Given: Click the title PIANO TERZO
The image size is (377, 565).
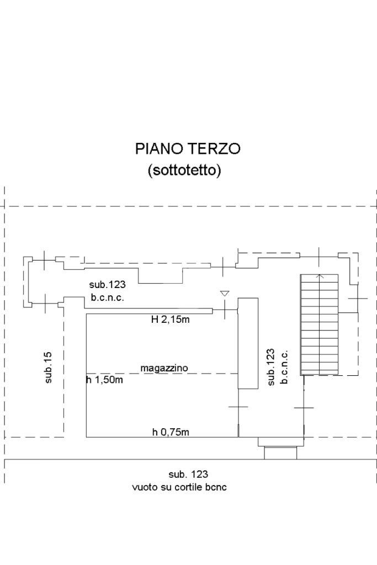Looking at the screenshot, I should click(188, 149).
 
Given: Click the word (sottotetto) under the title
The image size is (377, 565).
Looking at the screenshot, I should click(184, 170).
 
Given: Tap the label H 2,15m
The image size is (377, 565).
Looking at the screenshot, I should click(171, 319).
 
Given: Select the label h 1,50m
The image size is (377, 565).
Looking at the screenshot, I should click(104, 380).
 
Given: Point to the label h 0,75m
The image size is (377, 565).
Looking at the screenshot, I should click(171, 432).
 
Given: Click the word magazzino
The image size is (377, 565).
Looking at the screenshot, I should click(164, 367).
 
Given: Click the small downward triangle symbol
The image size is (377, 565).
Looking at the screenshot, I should click(224, 294).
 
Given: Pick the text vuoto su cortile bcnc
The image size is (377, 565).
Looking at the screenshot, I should click(179, 487).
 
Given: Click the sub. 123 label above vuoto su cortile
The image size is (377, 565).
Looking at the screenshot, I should click(188, 474).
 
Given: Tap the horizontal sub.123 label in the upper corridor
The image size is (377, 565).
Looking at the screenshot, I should click(108, 285).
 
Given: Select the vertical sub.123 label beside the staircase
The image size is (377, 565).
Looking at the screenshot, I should click(270, 367).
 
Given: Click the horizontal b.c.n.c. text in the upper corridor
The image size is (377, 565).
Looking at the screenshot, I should click(108, 297).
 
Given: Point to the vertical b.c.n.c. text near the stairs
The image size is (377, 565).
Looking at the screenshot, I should click(284, 367).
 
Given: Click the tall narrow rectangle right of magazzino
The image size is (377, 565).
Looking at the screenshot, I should click(248, 343).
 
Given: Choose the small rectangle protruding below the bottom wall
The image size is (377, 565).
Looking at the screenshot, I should click(280, 452).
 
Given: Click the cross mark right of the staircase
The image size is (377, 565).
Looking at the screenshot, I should click(358, 299).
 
